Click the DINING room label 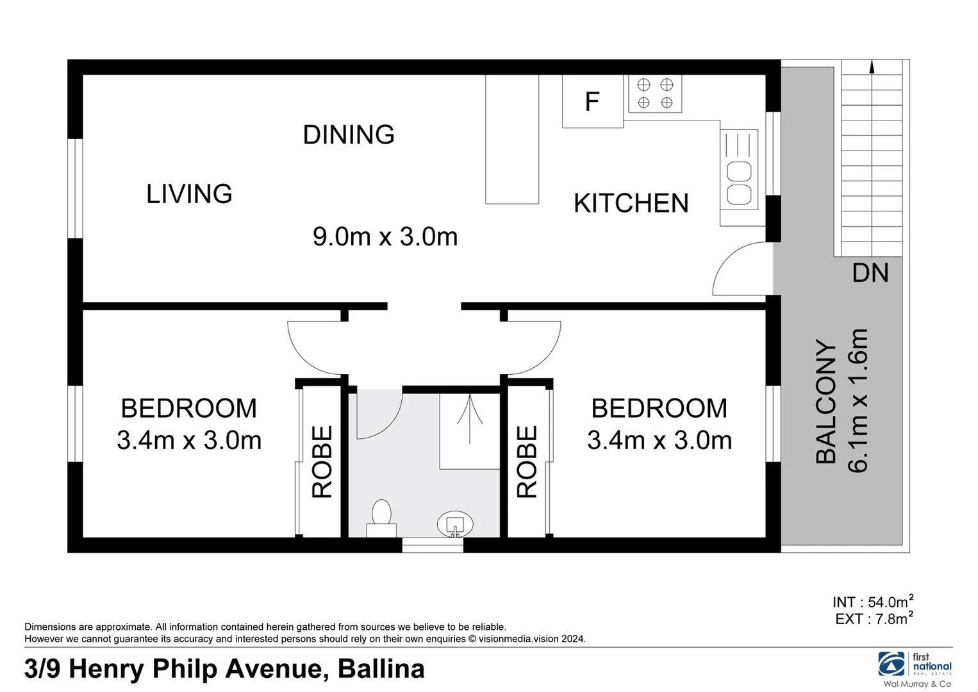point(349,135)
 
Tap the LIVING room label point(189,194)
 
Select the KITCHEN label point(631,203)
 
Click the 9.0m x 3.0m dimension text point(385,236)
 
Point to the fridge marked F point(592,101)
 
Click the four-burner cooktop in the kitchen point(655,94)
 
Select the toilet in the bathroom point(381,518)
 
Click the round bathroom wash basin point(455,524)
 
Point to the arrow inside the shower point(470,419)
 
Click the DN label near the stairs point(870,273)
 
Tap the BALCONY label point(826,401)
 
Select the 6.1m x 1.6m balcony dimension point(858,400)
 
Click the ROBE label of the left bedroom point(322,461)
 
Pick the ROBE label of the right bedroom point(527,461)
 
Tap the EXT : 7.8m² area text point(874,618)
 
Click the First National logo point(915,668)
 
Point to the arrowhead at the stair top point(872,79)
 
